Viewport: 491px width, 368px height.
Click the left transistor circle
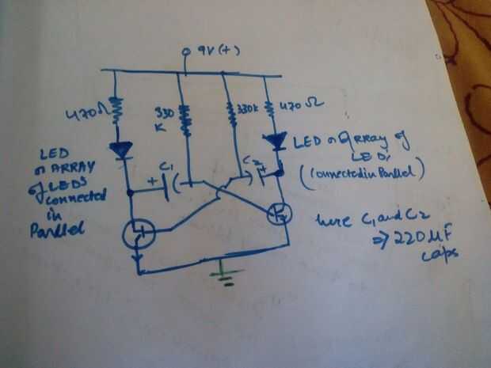[139, 233]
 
